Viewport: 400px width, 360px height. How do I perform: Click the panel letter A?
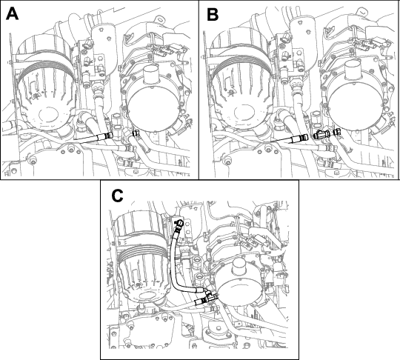pyautogui.click(x=12, y=14)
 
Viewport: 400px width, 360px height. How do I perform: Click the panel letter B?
pyautogui.click(x=213, y=14)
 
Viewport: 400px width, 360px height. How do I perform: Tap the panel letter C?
pyautogui.click(x=117, y=196)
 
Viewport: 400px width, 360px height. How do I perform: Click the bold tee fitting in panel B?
pyautogui.click(x=321, y=134)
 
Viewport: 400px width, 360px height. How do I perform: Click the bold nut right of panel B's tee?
pyautogui.click(x=337, y=132)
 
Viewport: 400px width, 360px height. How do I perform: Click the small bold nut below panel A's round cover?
pyautogui.click(x=136, y=133)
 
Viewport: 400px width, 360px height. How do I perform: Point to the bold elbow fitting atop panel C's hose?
pyautogui.click(x=179, y=223)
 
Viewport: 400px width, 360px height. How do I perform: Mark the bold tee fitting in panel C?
pyautogui.click(x=210, y=296)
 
